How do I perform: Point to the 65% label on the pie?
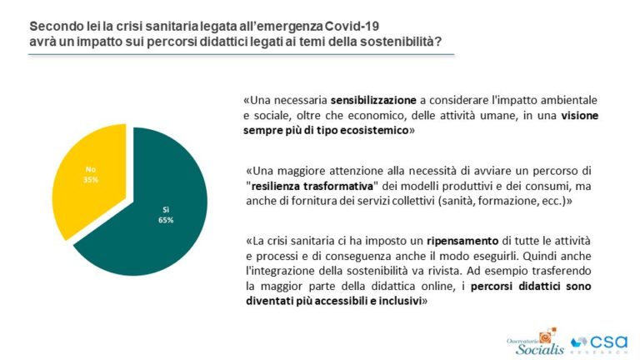167,220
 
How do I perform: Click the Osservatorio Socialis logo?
535,341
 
